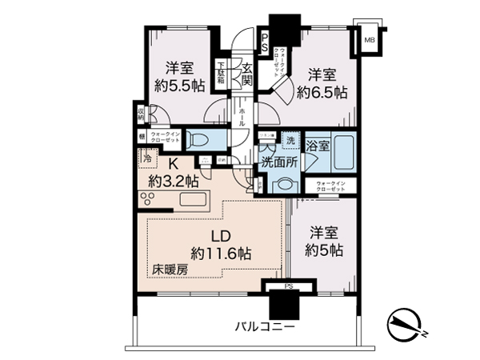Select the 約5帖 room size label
326,250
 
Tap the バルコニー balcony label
265,326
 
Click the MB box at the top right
370,39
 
